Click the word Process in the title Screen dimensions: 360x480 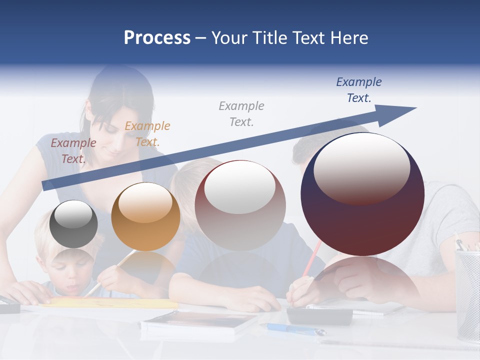pyautogui.click(x=157, y=37)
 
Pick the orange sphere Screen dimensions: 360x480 pyautogui.click(x=145, y=217)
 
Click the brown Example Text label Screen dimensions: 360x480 pyautogui.click(x=73, y=150)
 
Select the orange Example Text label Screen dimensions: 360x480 pyautogui.click(x=147, y=133)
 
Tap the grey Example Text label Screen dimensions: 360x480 pyautogui.click(x=241, y=113)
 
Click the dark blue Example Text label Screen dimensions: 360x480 pyautogui.click(x=359, y=89)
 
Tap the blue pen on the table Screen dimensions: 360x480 pyautogui.click(x=295, y=328)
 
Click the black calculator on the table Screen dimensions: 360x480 pyautogui.click(x=320, y=315)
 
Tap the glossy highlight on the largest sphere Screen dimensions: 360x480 pyautogui.click(x=362, y=167)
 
